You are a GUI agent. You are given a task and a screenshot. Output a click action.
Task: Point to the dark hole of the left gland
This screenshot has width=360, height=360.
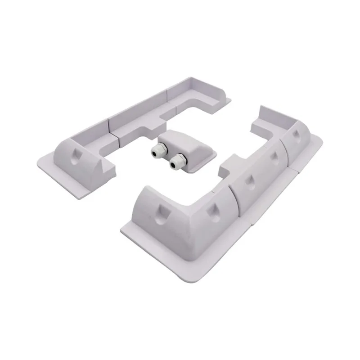tap(157, 154)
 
